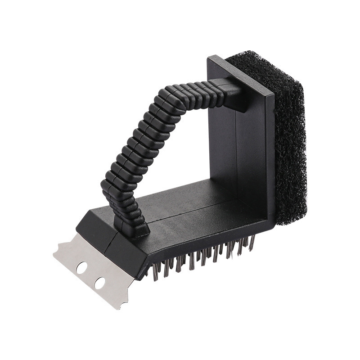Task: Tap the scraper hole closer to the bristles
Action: [x=100, y=283]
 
